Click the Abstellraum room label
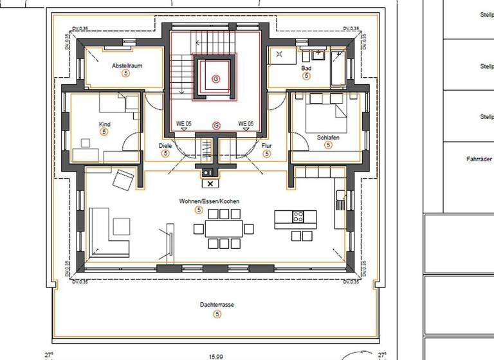(x=127, y=66)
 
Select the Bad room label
(x=306, y=67)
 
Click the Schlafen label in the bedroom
(x=328, y=138)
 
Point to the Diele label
(x=165, y=146)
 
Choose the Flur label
(x=266, y=146)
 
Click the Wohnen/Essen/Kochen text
(x=209, y=201)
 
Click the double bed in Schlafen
(x=327, y=109)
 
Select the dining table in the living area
(x=224, y=228)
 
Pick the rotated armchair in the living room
(x=123, y=179)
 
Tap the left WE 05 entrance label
(x=184, y=123)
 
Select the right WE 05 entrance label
(x=245, y=123)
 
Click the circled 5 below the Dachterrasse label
(x=217, y=314)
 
